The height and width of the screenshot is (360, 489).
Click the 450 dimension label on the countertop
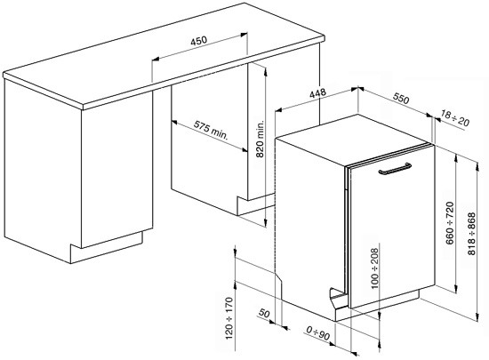(x=198, y=41)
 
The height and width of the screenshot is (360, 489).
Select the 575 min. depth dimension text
(x=211, y=130)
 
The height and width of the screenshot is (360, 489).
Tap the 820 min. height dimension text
(x=260, y=139)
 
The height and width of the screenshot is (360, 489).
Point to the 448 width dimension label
(x=317, y=92)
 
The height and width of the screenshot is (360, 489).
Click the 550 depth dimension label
(x=400, y=99)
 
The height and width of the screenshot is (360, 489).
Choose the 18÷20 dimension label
(x=455, y=118)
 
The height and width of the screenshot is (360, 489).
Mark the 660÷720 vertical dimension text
(x=449, y=223)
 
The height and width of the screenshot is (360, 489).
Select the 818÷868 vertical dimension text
(x=471, y=234)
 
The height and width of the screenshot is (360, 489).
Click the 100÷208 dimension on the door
(x=374, y=268)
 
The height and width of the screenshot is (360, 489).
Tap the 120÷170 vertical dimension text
(x=228, y=318)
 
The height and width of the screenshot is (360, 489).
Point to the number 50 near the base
(x=264, y=313)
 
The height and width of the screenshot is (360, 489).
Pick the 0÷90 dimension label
(x=317, y=332)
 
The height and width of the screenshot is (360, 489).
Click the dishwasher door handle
(x=395, y=169)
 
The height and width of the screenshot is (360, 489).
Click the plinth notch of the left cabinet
(x=76, y=246)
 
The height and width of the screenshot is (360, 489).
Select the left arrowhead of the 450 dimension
(x=155, y=59)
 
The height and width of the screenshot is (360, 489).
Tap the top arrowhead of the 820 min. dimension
(x=266, y=71)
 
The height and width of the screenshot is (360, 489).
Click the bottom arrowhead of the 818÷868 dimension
(x=477, y=317)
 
